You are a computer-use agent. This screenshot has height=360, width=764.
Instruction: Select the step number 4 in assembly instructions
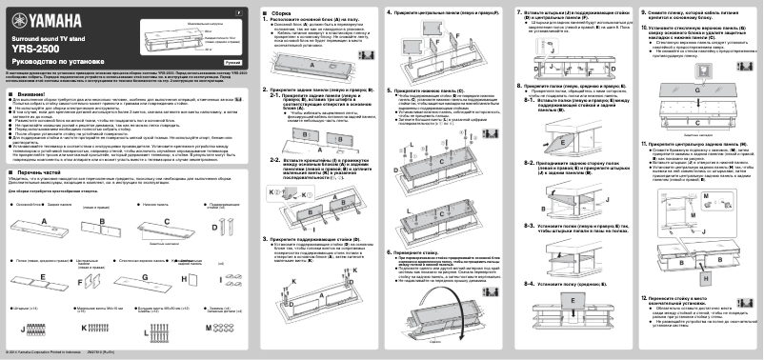click(x=388, y=11)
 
